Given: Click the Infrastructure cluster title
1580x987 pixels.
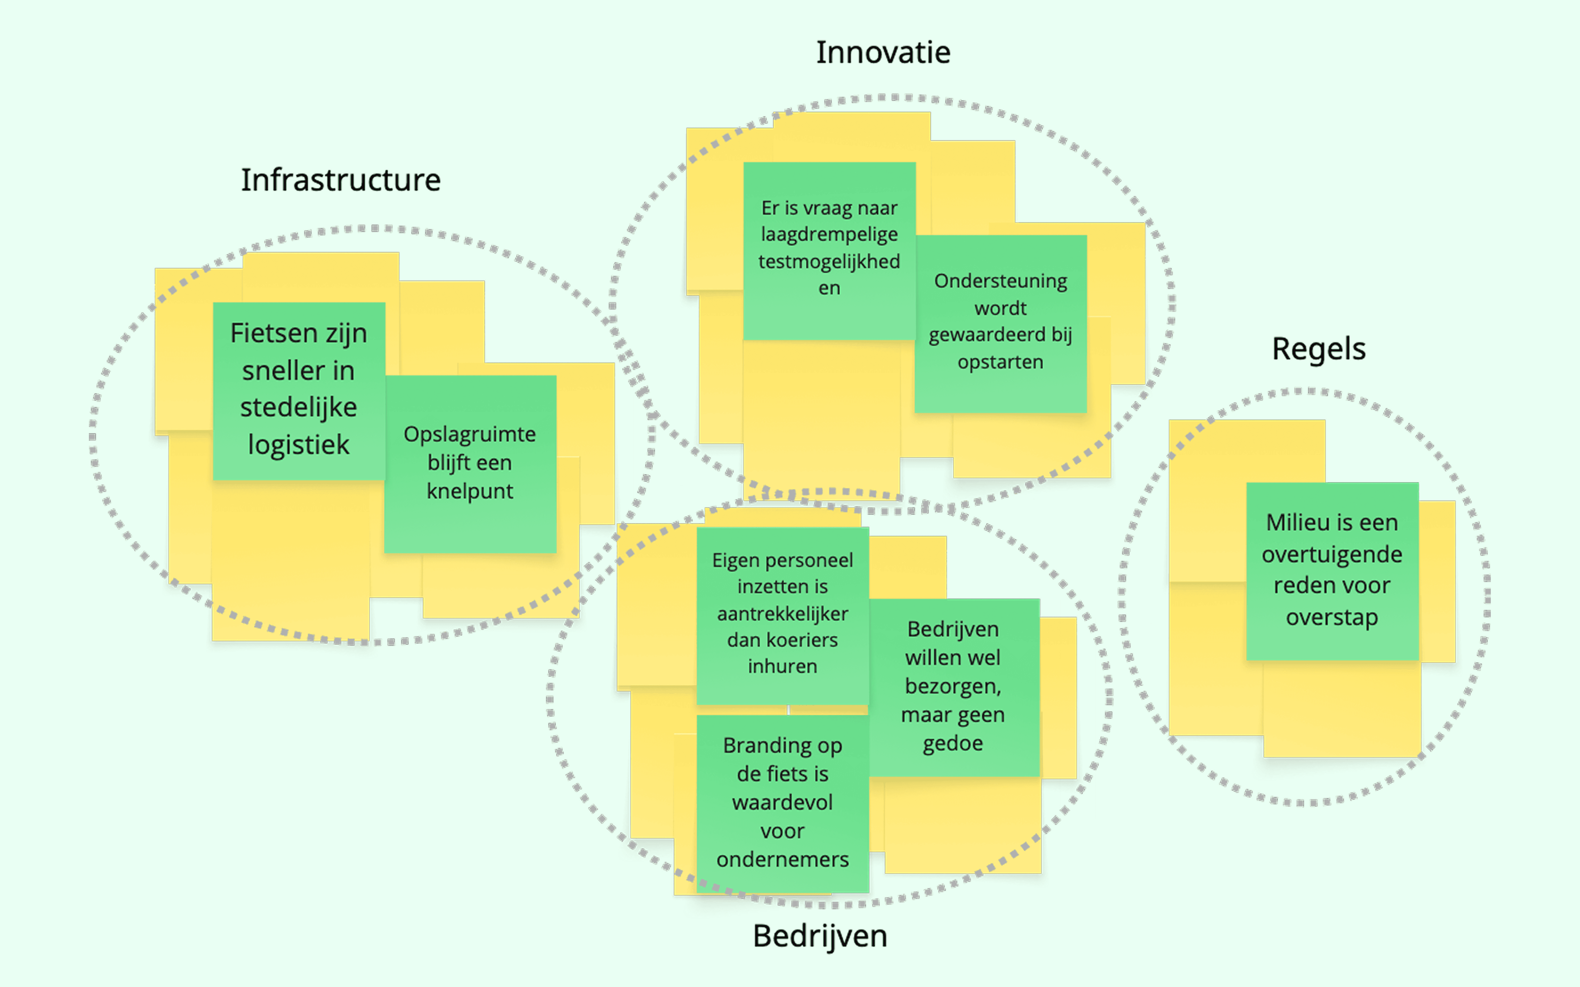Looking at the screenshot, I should (341, 180).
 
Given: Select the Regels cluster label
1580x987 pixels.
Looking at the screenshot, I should (1318, 349).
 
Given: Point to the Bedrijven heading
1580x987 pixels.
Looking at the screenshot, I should (820, 936).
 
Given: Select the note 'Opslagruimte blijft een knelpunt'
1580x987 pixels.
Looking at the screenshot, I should (470, 464).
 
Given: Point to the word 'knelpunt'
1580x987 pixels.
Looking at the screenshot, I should (470, 491).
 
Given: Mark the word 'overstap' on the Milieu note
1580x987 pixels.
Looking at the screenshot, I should (1332, 617).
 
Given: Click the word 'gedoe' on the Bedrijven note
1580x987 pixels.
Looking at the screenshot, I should (953, 744).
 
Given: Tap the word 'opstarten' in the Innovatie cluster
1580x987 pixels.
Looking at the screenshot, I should (1000, 361).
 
